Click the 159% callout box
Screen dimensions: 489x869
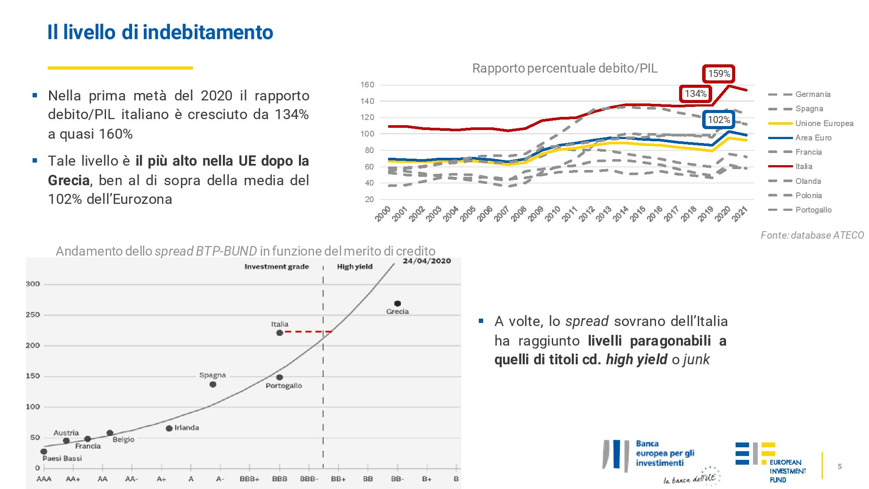coord(719,74)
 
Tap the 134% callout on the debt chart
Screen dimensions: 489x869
coord(696,93)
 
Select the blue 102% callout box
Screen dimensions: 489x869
coord(719,120)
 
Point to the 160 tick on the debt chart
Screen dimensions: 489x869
coord(367,85)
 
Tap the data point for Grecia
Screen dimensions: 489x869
coord(397,303)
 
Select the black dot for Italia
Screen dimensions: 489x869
coord(279,333)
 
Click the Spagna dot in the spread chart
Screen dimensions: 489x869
coord(212,384)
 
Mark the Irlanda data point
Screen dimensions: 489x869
coord(169,429)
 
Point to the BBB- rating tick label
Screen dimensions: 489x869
coord(309,479)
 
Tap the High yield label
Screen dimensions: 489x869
coord(355,266)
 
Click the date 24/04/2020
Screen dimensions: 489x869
coord(426,261)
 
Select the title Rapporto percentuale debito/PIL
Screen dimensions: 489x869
coord(564,68)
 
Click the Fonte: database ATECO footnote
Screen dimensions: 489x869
coord(812,235)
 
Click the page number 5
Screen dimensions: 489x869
coord(839,466)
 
